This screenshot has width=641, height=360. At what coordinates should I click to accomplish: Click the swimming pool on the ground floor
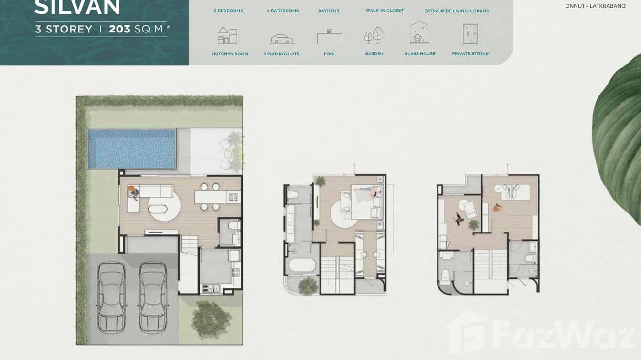tap(132, 149)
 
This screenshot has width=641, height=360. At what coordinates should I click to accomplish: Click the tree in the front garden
tap(211, 318)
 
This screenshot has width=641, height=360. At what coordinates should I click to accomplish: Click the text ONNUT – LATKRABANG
tap(595, 6)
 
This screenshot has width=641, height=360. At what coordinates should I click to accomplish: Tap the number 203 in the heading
tap(119, 29)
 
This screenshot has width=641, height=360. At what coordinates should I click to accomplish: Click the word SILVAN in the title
tap(77, 7)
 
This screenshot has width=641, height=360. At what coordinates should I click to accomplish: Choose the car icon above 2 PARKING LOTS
tap(282, 39)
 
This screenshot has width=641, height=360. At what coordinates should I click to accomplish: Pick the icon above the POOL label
tap(330, 37)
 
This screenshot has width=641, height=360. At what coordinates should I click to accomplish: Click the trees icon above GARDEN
tap(374, 36)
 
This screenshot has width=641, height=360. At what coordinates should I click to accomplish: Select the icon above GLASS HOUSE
tap(419, 34)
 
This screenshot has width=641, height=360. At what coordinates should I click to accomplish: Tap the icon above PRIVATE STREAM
tap(470, 34)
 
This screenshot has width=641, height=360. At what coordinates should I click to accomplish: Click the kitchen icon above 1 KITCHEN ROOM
tap(227, 36)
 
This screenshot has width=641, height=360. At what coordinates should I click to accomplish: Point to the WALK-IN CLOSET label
tap(385, 11)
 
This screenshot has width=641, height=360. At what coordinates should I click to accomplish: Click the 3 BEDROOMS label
tap(228, 11)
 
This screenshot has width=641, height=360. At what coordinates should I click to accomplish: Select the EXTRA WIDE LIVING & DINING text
tap(457, 11)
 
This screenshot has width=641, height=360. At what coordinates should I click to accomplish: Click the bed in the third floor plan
tap(515, 191)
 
